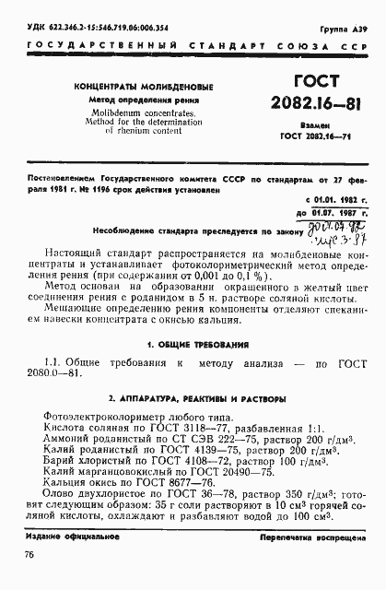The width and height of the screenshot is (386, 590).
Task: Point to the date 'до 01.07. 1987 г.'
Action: click(x=321, y=210)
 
